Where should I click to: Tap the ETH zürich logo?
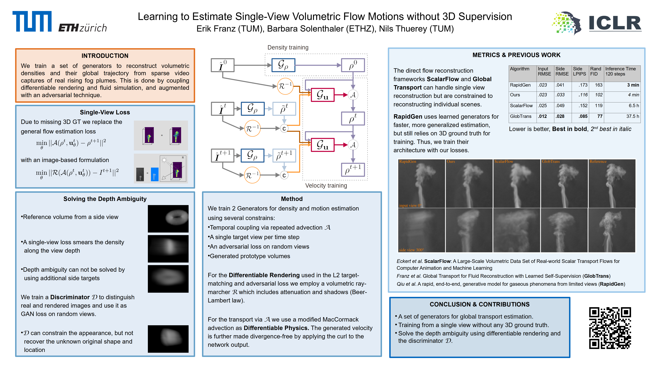point(82,28)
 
